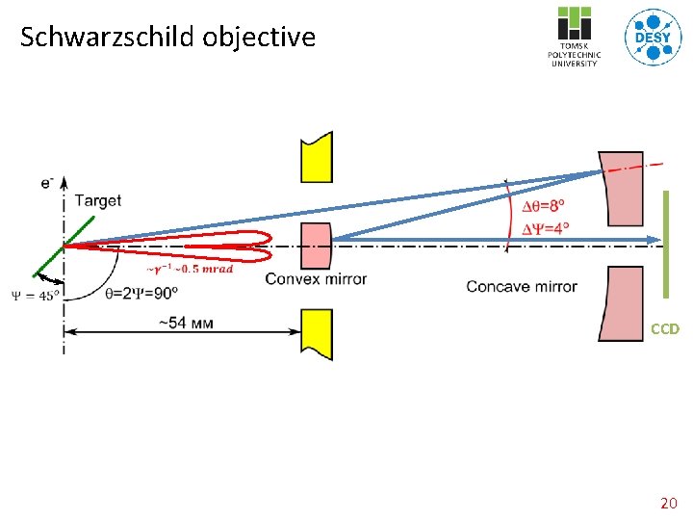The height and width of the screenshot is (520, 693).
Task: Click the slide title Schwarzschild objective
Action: (x=167, y=38)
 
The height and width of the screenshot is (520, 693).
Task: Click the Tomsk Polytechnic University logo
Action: (x=575, y=38)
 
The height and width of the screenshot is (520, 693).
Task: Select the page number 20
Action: (x=667, y=503)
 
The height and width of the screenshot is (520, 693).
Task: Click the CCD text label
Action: (x=664, y=329)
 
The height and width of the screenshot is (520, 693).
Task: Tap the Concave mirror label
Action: (x=522, y=286)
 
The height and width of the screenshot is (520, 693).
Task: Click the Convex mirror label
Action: (x=316, y=280)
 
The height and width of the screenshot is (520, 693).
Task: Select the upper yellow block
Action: (x=316, y=157)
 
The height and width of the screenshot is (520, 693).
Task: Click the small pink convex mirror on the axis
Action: (x=316, y=246)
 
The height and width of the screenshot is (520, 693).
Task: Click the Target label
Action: (x=97, y=201)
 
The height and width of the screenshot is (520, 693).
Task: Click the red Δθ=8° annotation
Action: (x=544, y=206)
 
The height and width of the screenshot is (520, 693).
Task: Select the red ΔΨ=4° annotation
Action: (x=545, y=228)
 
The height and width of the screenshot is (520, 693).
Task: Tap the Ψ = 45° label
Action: (x=35, y=295)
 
